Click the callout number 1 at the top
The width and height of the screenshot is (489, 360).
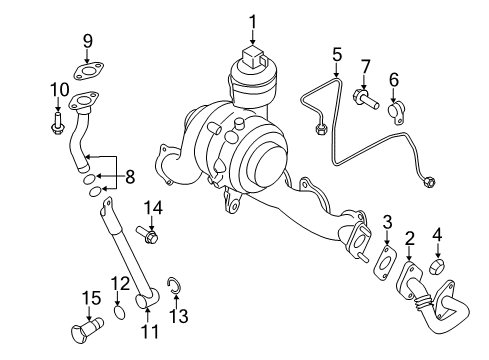coord(253,22)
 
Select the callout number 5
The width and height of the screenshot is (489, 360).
coord(337,55)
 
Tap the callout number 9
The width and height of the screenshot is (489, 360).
coord(87,41)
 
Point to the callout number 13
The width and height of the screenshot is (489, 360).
coord(179,316)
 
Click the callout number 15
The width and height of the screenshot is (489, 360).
coord(91,298)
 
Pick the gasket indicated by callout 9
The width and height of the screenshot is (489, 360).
coord(88,72)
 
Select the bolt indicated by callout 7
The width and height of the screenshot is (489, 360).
coord(366,98)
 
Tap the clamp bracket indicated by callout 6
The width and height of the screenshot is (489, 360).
coord(396,113)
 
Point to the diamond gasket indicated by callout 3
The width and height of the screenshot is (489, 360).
coord(385,262)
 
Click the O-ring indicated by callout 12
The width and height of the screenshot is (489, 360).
coord(120,312)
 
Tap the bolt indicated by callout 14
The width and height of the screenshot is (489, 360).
coord(147,234)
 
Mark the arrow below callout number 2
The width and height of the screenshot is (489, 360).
coord(409,254)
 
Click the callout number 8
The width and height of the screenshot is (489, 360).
coord(130,177)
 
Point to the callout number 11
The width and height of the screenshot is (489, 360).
coord(149,332)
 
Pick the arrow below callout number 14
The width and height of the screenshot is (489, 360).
coord(152,223)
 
